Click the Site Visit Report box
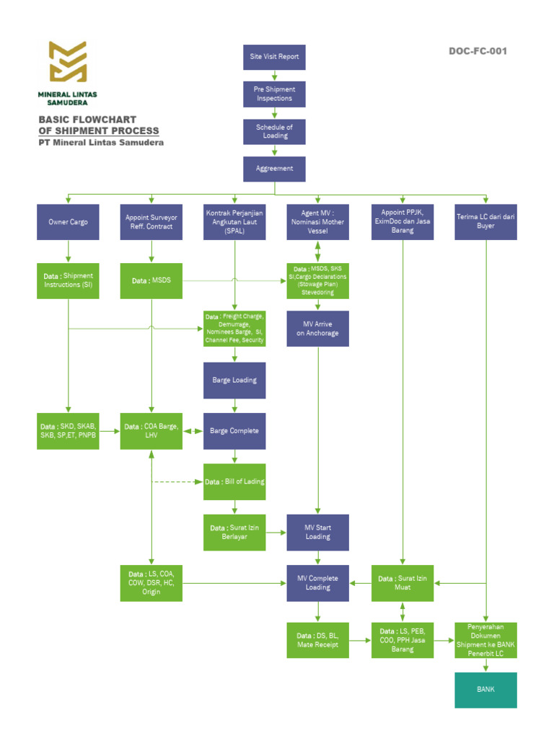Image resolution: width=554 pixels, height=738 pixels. coord(274,56)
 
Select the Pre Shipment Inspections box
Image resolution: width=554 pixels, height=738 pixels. coord(274,94)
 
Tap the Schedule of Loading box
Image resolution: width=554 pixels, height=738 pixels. coord(274,131)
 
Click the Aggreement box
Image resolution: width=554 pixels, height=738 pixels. coord(274,169)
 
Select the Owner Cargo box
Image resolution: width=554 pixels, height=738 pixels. coord(68,222)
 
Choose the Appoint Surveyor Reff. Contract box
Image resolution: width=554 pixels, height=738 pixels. coord(151,222)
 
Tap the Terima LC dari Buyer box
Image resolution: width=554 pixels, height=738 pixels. coord(486,222)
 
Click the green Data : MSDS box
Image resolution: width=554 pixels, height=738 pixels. coord(151,280)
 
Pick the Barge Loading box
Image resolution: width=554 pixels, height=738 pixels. coord(234,381)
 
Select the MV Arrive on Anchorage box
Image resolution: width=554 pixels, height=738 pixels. coord(317,329)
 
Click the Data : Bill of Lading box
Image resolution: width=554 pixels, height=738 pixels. coord(234,481)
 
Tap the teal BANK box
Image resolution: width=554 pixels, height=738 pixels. coord(485,690)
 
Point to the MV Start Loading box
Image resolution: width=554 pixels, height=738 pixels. coord(317,532)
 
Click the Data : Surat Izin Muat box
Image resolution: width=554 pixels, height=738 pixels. coord(403,582)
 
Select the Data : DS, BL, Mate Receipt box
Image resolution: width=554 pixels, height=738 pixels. coord(317,640)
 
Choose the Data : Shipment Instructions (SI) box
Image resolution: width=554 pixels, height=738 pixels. coord(68,280)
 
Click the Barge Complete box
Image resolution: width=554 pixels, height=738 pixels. coord(234,431)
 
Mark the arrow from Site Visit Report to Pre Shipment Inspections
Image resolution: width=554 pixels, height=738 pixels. coord(274,75)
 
